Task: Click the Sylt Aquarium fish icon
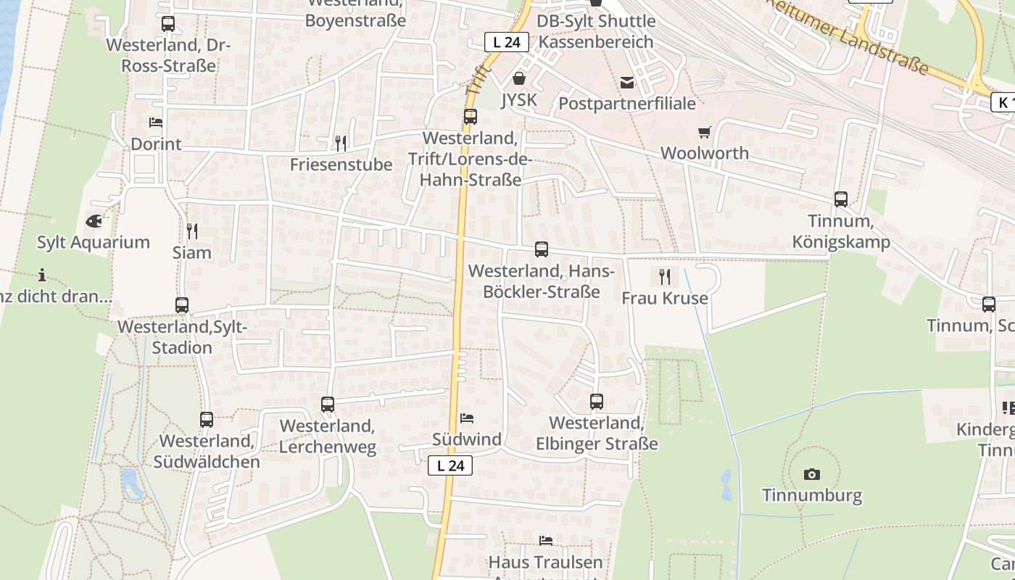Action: tap(94, 221)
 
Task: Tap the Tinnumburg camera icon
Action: tap(812, 475)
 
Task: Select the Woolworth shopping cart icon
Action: tap(704, 132)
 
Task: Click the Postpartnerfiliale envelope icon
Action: tap(627, 83)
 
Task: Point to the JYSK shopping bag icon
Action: tap(519, 78)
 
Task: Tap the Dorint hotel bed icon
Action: tap(156, 123)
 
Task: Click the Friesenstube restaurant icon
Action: tap(341, 143)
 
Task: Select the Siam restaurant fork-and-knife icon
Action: tap(192, 231)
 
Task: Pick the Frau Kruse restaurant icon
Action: tap(664, 276)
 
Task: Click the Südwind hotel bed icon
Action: tap(467, 418)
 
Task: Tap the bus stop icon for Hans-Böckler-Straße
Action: tap(542, 249)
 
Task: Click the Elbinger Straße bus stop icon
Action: tap(597, 401)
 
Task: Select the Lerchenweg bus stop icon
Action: tap(328, 404)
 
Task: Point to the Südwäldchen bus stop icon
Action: tap(207, 419)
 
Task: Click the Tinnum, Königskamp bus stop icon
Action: tap(841, 199)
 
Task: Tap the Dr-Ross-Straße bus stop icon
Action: tap(168, 23)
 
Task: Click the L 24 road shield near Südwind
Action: tap(450, 465)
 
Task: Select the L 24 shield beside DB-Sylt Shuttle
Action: tap(506, 42)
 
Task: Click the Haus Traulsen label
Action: tap(545, 562)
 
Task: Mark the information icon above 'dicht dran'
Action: tap(42, 275)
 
